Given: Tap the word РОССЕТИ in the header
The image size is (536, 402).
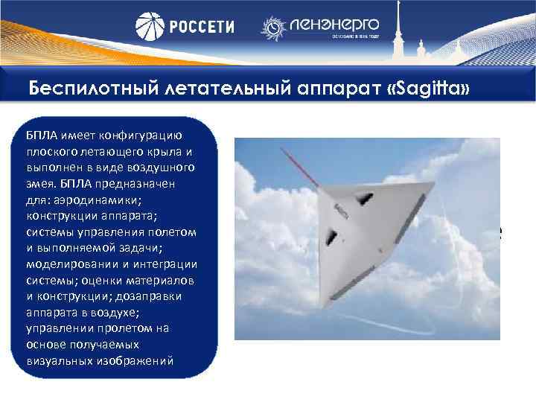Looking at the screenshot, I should pos(200,27).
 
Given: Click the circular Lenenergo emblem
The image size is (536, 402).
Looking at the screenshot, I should pos(273,28).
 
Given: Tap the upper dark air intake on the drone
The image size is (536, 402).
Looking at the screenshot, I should pos(363,198).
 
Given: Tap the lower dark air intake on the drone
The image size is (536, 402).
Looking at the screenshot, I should pos(331,237).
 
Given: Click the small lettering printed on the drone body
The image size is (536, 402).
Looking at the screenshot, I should pos(341,211).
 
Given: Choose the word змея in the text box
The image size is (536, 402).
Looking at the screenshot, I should pos(38,183).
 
